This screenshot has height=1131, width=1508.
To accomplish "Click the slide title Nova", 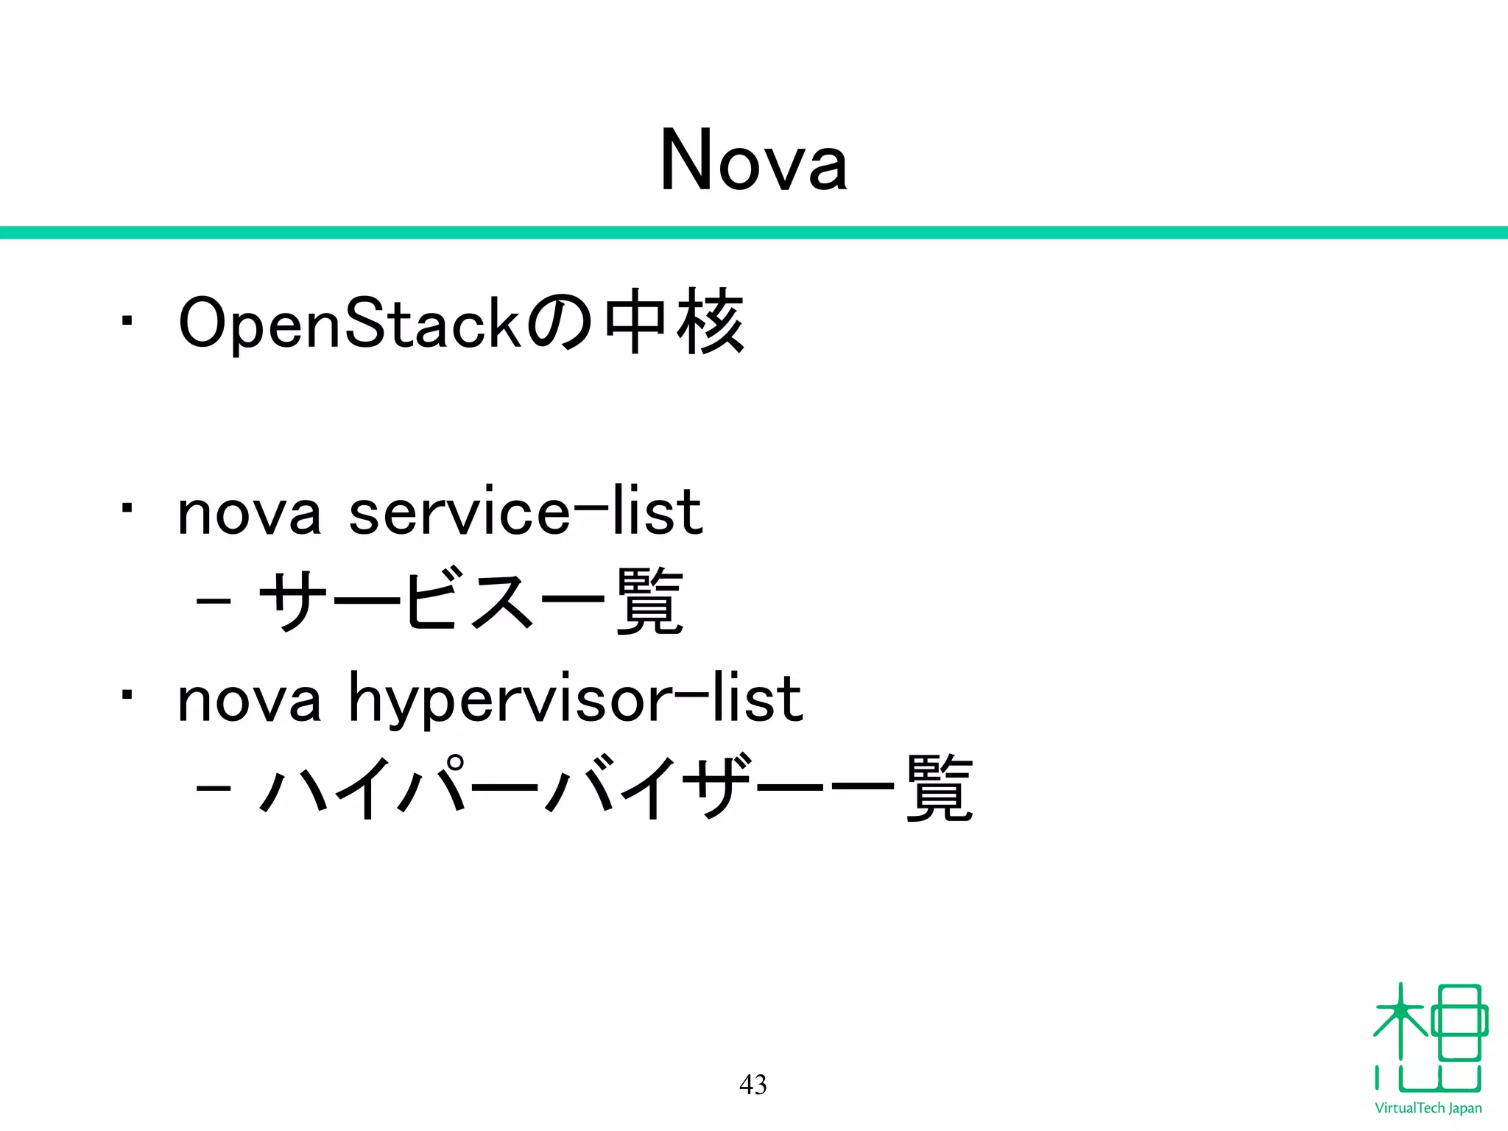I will point(753,161).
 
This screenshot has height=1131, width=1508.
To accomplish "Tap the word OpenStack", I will point(350,323).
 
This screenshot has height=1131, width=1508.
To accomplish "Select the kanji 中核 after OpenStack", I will point(674,322).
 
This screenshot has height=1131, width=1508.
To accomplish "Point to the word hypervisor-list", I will point(574,700).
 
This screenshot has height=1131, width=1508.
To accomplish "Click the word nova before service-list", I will point(250,513).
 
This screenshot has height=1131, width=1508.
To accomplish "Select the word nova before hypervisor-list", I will point(250,700).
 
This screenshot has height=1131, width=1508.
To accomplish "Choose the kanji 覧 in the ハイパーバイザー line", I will point(940,788).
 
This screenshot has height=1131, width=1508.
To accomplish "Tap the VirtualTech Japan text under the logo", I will point(1428,1108).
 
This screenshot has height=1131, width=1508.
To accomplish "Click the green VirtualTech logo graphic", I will point(1429,1038).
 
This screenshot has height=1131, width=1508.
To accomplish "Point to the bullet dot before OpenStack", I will point(127,321).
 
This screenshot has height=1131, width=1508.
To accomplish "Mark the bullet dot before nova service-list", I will point(127,508).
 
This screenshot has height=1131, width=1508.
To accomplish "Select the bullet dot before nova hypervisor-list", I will point(127,694).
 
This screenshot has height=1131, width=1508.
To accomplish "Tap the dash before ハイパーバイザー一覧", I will point(214,789).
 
